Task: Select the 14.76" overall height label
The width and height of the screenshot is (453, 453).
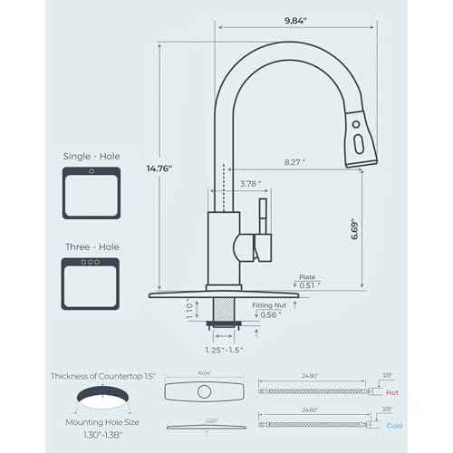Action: pyautogui.click(x=159, y=168)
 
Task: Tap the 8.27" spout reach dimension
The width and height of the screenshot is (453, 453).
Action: pyautogui.click(x=293, y=162)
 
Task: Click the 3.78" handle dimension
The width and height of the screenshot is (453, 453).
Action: pyautogui.click(x=250, y=184)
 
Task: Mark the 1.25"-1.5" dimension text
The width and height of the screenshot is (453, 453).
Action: pyautogui.click(x=222, y=349)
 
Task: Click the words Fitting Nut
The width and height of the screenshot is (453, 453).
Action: pyautogui.click(x=269, y=306)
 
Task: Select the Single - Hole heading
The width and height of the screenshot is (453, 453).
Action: pyautogui.click(x=90, y=156)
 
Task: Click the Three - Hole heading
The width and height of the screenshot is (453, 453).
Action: pyautogui.click(x=90, y=246)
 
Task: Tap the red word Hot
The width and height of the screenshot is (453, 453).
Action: pyautogui.click(x=392, y=393)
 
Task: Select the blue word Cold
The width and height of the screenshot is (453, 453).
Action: pyautogui.click(x=393, y=425)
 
